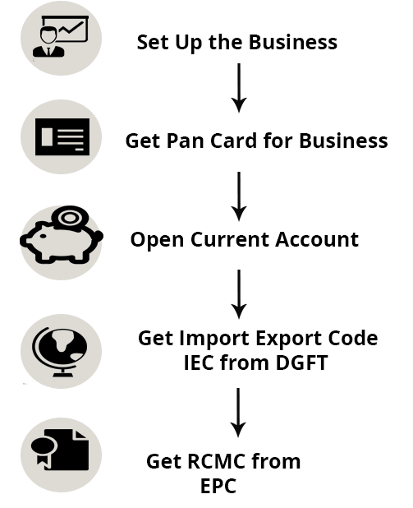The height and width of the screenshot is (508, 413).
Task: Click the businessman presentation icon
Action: pos(61,37)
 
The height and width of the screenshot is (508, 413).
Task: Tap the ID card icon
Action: pos(62,136)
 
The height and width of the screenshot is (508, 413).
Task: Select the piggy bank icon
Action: pos(62,235)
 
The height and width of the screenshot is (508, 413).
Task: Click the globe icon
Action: pos(60,352)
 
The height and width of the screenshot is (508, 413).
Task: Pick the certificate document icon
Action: pos(60,450)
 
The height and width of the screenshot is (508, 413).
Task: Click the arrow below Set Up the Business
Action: pos(239,88)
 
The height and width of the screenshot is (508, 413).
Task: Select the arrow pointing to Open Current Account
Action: pos(239,196)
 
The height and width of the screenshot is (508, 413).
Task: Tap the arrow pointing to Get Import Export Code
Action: pos(239,294)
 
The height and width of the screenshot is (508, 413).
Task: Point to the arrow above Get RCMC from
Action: pos(238,413)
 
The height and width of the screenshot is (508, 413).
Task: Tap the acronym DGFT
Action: pos(301,363)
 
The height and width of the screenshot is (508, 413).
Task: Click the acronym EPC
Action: pos(218,486)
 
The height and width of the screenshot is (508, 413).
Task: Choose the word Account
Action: pos(317,239)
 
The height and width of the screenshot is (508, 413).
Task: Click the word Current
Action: pos(230,239)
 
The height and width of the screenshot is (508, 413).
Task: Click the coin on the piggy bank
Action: pos(70,218)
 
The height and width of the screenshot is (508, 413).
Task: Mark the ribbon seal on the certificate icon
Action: pos(44,450)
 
